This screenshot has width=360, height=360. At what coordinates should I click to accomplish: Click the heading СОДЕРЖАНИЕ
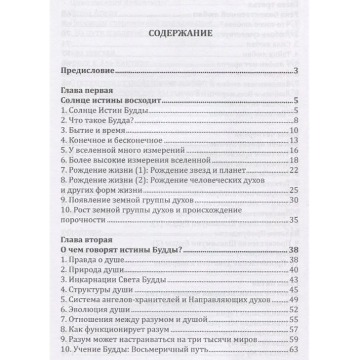click(180, 33)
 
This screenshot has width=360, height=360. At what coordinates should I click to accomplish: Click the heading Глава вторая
click(83, 240)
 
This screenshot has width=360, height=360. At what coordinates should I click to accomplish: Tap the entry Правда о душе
click(90, 260)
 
